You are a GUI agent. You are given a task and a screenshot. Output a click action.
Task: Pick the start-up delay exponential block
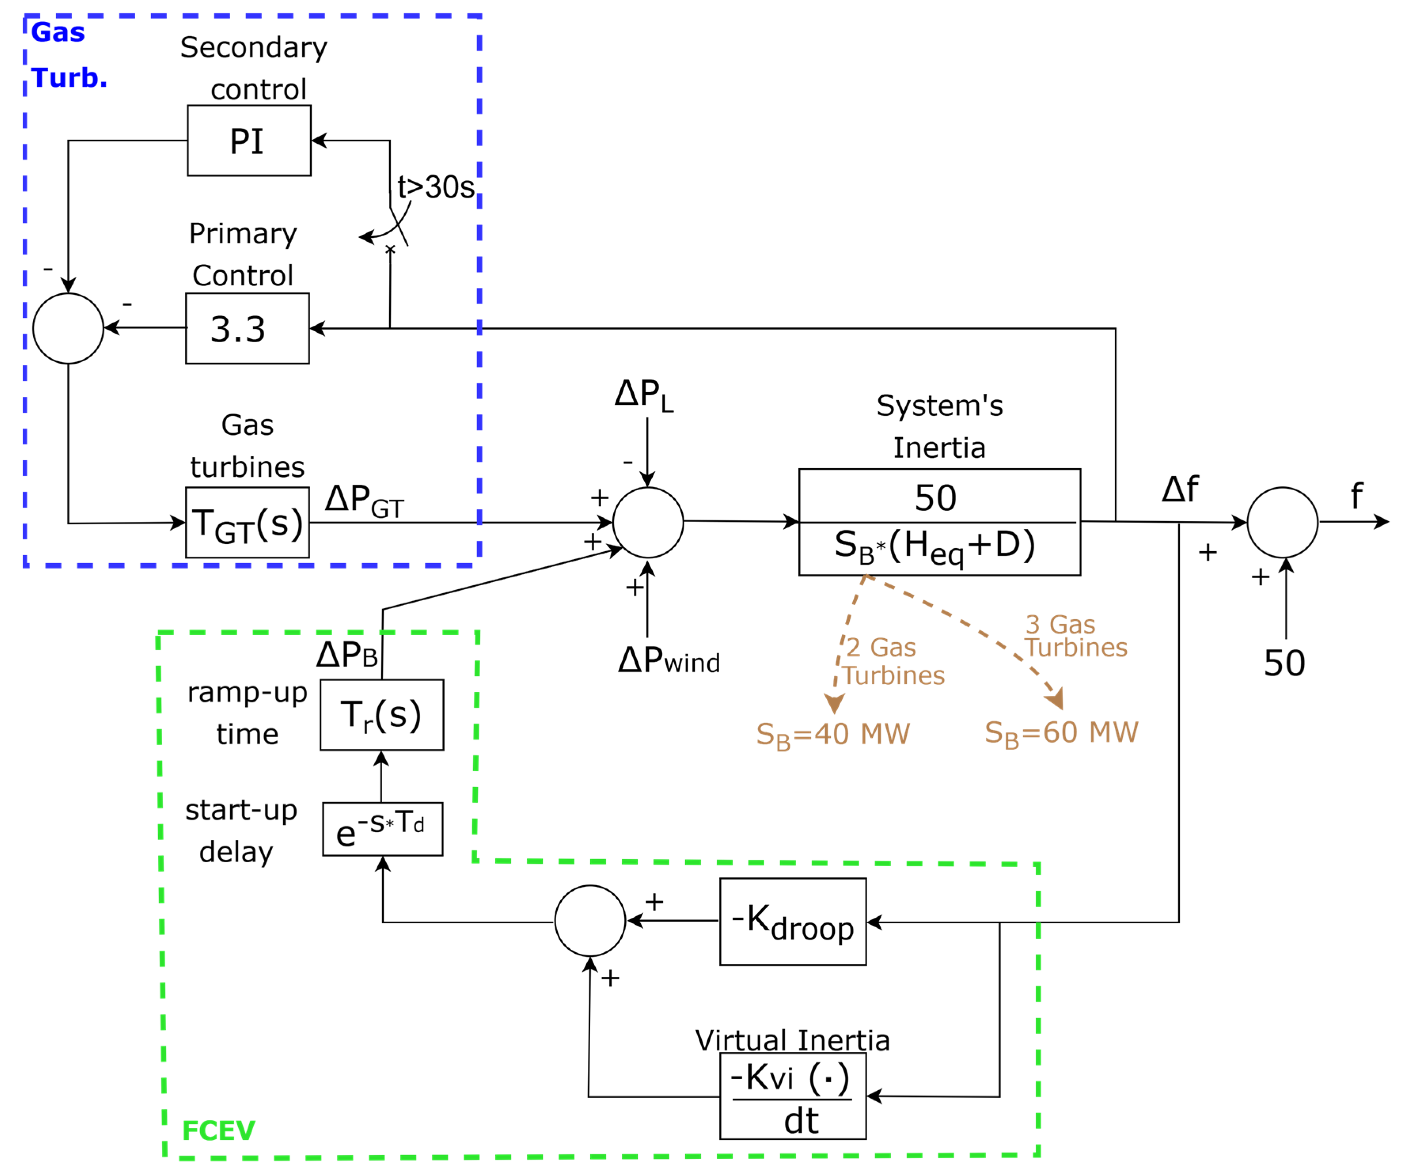[x=383, y=829]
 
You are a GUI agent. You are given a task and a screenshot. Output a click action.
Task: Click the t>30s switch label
[x=436, y=187]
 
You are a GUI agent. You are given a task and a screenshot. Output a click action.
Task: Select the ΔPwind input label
[x=668, y=660]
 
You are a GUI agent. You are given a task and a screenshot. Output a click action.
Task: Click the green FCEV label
[x=218, y=1131]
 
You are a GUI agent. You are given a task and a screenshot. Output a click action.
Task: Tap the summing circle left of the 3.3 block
[x=68, y=328]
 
